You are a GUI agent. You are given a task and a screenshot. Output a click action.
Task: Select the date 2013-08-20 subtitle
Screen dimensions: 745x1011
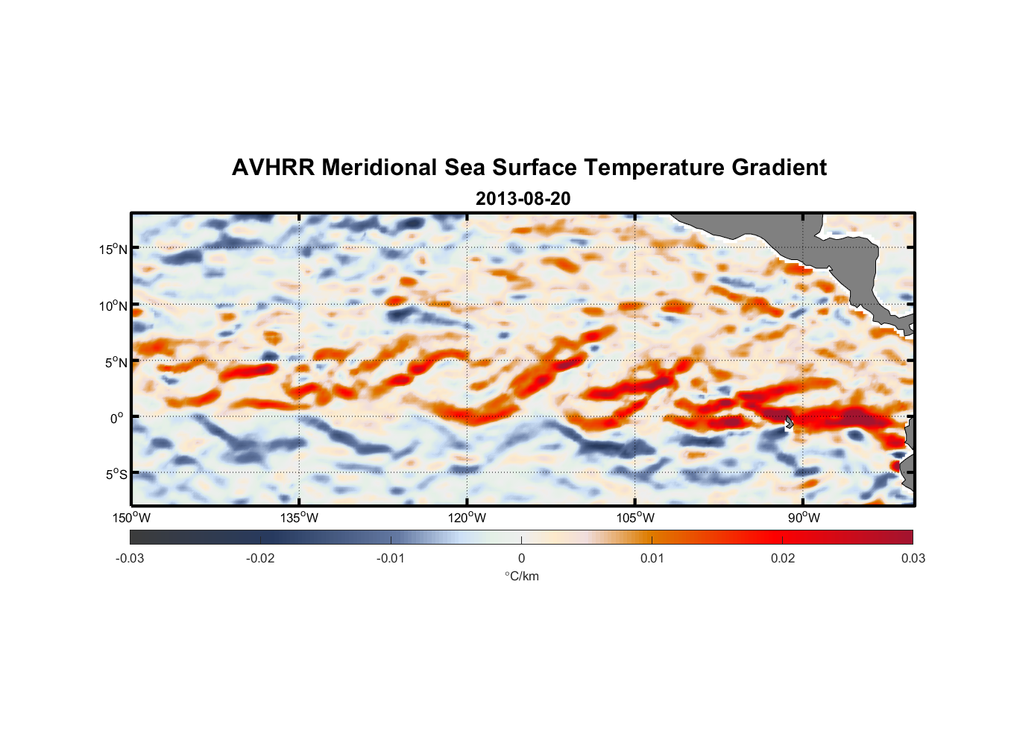click(x=523, y=199)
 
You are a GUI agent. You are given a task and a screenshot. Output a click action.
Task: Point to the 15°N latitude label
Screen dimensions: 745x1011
click(x=113, y=249)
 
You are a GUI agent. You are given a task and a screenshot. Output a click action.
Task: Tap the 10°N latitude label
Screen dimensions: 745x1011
click(x=113, y=305)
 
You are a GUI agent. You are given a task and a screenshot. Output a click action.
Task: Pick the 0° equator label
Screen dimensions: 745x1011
click(x=117, y=418)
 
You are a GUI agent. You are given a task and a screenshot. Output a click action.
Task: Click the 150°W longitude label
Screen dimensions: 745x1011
click(x=131, y=518)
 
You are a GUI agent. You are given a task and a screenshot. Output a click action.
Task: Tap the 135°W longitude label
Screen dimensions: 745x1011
click(x=299, y=518)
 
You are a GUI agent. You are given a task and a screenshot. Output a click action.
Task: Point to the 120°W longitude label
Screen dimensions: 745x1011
click(x=467, y=518)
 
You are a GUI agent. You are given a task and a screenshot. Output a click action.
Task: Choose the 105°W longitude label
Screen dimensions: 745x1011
click(x=635, y=518)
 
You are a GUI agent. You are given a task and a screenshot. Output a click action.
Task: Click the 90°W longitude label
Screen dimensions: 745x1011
click(x=804, y=518)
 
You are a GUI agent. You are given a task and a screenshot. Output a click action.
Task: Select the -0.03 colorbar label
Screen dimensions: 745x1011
click(x=130, y=558)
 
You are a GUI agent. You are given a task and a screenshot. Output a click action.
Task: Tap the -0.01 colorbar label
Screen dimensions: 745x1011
click(x=390, y=558)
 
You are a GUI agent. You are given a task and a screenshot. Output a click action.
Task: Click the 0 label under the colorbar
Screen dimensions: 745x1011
click(x=521, y=558)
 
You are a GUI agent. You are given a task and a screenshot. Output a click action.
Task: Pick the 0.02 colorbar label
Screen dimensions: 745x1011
click(x=783, y=558)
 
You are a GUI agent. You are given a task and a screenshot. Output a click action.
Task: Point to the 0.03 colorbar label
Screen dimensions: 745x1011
click(x=913, y=558)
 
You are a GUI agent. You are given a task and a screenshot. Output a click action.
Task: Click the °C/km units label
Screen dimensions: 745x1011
click(x=521, y=576)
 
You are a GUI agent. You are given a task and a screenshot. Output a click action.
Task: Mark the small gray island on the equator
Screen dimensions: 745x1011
click(x=789, y=422)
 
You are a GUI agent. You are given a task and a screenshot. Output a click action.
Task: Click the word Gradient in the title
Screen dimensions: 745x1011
click(x=778, y=168)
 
